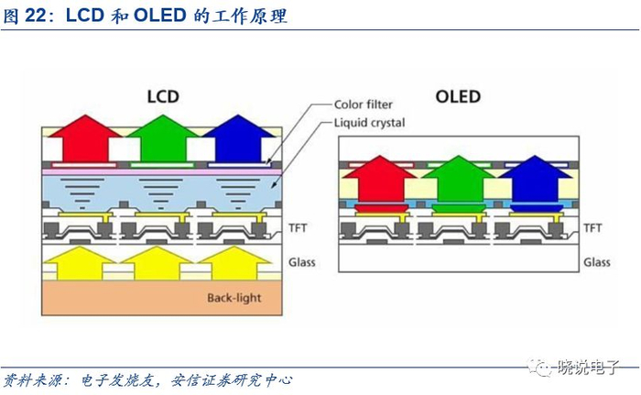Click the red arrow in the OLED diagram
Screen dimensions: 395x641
pos(375,179)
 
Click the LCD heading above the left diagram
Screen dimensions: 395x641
pos(162,95)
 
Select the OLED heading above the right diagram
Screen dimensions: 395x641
pos(459,96)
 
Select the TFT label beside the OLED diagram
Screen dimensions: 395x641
pos(594,226)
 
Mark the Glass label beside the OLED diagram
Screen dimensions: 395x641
pos(597,262)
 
